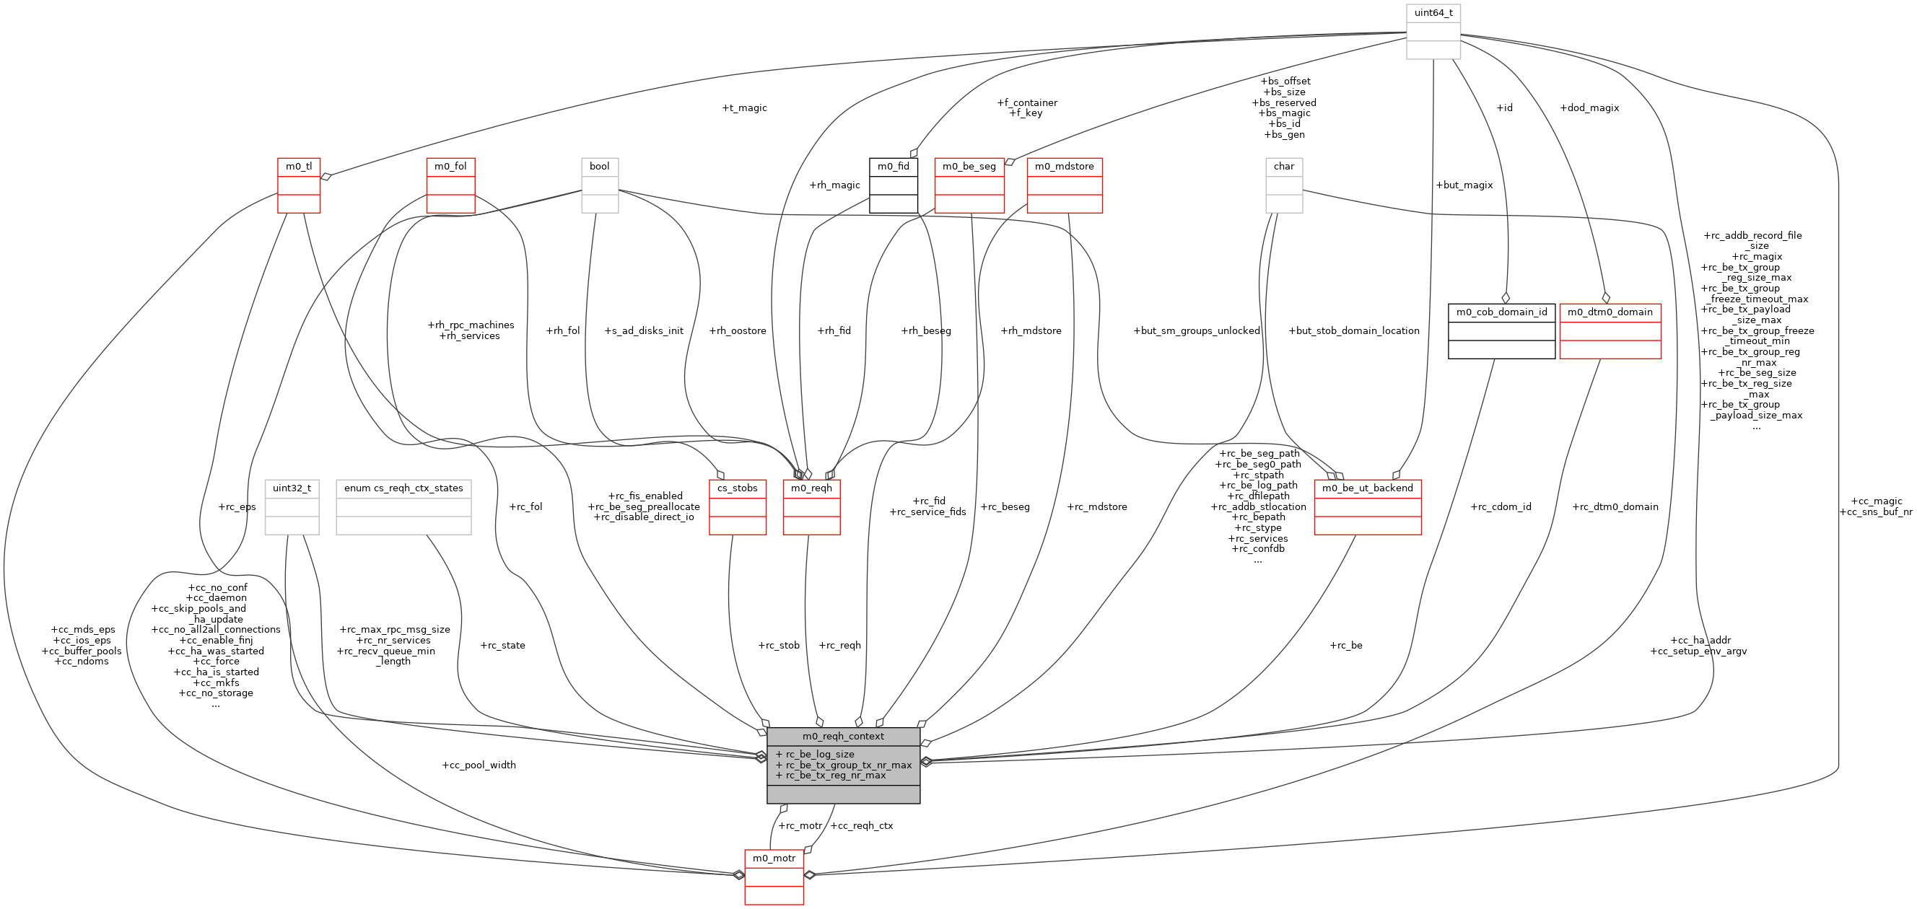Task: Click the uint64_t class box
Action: (x=1433, y=31)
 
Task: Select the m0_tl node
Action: (x=298, y=185)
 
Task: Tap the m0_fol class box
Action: (x=450, y=185)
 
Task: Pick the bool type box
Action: (x=599, y=185)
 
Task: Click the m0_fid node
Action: (x=893, y=185)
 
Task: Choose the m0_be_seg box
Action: (x=969, y=185)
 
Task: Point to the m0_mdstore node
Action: (x=1064, y=185)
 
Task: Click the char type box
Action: (x=1284, y=185)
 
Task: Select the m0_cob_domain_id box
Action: (x=1501, y=331)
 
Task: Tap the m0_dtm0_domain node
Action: (x=1610, y=331)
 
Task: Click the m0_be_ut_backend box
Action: (x=1367, y=507)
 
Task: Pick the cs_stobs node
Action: (x=737, y=507)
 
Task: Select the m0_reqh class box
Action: (x=811, y=507)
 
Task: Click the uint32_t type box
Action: (x=292, y=507)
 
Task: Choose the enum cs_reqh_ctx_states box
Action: (x=403, y=507)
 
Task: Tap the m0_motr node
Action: (x=774, y=877)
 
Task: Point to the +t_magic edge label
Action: (x=744, y=108)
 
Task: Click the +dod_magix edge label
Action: (x=1589, y=108)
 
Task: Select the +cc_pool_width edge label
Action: (x=479, y=765)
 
